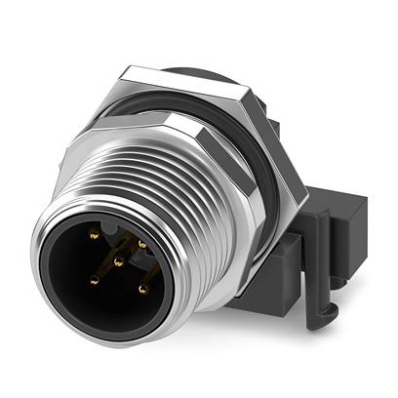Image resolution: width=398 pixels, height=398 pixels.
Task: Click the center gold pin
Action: click(117, 261)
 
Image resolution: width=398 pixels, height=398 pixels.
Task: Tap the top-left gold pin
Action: click(94, 235)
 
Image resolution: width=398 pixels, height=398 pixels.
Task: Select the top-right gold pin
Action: click(141, 243)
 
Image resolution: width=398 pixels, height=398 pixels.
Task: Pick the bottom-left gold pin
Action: click(94, 281)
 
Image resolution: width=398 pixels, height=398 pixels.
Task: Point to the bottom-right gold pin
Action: click(142, 289)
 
